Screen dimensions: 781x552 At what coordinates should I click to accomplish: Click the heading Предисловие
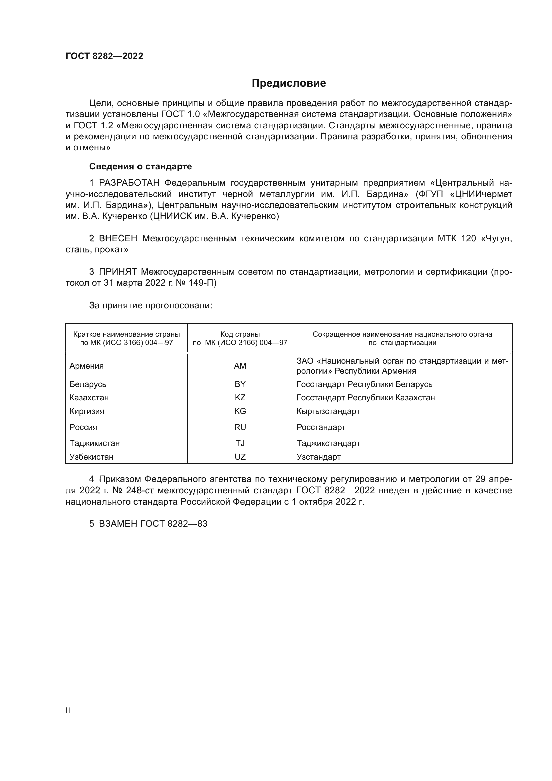click(289, 83)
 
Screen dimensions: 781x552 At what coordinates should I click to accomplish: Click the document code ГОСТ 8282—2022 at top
click(104, 56)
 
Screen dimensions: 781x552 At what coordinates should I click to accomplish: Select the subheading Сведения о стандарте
click(141, 166)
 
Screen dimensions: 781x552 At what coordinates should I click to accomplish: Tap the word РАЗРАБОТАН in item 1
click(129, 183)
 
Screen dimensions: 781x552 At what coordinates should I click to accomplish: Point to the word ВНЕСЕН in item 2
click(118, 239)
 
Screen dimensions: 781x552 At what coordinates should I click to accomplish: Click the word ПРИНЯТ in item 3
click(118, 272)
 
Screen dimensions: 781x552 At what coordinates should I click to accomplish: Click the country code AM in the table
click(240, 366)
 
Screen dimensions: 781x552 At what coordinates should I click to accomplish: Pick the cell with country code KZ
click(240, 398)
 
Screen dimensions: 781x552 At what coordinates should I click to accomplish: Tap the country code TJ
click(240, 443)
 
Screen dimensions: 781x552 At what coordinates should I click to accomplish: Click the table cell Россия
click(83, 427)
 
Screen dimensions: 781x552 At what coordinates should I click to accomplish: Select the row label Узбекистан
click(91, 457)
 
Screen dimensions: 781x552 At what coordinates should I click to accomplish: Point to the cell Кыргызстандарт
click(328, 411)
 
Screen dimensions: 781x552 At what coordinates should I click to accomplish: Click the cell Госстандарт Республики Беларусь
click(364, 384)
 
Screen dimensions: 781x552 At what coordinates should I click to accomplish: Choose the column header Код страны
click(240, 334)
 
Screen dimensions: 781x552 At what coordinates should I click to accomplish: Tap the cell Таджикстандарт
click(328, 443)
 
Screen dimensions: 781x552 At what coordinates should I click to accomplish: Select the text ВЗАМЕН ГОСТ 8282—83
click(153, 524)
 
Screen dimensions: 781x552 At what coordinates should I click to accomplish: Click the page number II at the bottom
click(68, 711)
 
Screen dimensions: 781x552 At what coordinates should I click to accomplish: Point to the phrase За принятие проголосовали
click(151, 306)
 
